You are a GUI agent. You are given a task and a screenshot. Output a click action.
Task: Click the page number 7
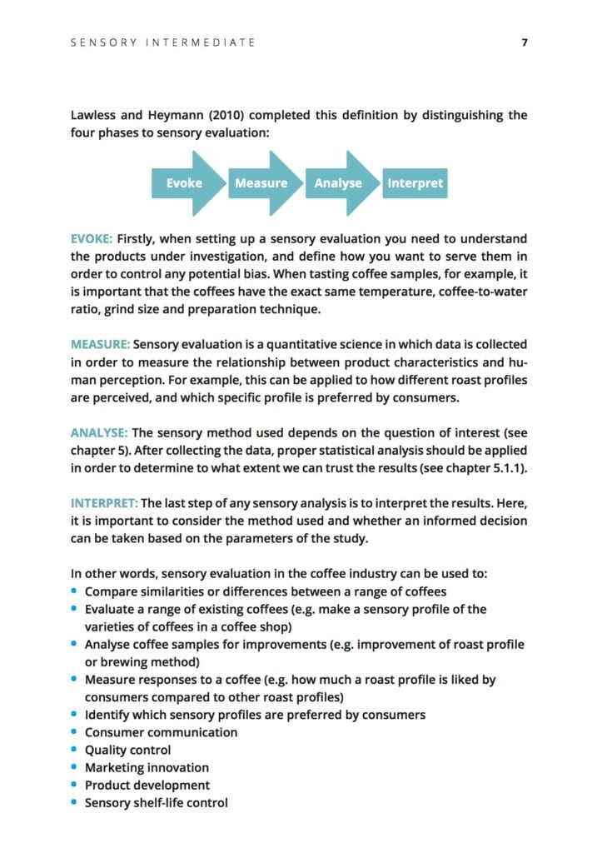point(525,42)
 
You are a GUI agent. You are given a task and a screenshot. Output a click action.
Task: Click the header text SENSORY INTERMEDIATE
point(163,42)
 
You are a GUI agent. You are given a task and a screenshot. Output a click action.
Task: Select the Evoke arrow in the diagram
point(185,183)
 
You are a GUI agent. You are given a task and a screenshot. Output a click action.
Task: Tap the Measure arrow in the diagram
point(261,183)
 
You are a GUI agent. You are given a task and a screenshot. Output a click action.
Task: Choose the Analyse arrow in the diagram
point(338,183)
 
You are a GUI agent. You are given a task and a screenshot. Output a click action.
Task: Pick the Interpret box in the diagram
point(415,183)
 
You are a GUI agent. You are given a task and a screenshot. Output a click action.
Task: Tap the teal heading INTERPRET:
point(104,503)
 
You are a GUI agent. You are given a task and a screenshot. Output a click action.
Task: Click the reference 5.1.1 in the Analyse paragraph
point(504,468)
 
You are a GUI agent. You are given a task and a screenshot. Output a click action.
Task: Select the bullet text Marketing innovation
point(147,767)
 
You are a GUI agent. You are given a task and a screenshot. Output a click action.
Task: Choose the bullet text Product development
point(147,785)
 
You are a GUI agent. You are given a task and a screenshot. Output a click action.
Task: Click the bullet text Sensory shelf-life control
point(156,803)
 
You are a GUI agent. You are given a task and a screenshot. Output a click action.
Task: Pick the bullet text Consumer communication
point(161,732)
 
